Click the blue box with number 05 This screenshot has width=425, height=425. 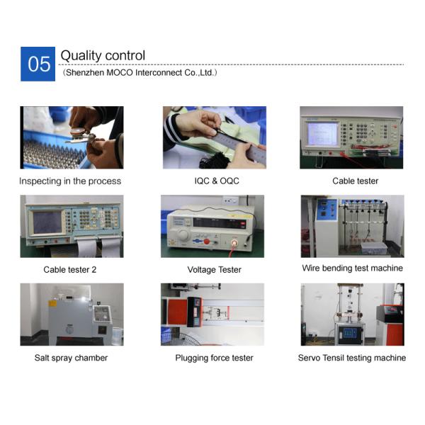coord(38,64)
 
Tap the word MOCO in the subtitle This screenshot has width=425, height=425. coord(120,73)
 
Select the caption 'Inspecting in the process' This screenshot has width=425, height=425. coord(70,181)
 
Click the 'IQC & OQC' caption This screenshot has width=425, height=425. coord(217,181)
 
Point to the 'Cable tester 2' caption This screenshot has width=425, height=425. coord(70,270)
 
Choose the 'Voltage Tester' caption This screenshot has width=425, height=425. coord(215,270)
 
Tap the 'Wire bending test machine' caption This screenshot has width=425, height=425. coord(352,268)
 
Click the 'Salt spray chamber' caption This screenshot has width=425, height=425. coord(71,358)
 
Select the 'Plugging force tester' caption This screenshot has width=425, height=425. coord(214,358)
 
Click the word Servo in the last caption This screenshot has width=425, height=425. coord(309,358)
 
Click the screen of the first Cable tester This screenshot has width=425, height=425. coord(322,134)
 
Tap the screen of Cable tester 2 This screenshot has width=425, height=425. coord(47,222)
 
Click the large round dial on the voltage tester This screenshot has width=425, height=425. coord(183,234)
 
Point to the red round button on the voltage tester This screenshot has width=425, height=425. coord(207,242)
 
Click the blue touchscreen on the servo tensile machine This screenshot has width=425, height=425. coord(350,333)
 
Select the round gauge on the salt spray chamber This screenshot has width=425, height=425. coord(69,330)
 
